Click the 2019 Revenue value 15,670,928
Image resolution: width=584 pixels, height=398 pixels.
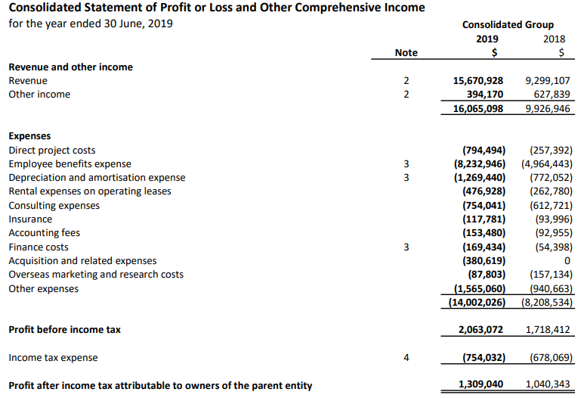click(478, 80)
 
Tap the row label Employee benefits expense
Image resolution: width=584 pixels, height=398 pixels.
click(70, 164)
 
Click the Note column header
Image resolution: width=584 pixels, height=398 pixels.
click(406, 52)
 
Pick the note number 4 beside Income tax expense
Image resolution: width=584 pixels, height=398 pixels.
click(406, 358)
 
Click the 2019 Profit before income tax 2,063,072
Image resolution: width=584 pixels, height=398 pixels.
click(480, 330)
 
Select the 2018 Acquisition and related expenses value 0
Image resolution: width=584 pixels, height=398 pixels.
click(568, 261)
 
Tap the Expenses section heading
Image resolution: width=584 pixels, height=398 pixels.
click(29, 136)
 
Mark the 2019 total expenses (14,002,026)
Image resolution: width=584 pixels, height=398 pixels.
click(477, 303)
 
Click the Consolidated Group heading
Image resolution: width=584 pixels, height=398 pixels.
click(508, 25)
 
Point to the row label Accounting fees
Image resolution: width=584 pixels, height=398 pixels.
click(44, 233)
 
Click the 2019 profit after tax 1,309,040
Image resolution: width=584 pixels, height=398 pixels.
click(480, 385)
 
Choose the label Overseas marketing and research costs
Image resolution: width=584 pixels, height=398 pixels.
click(96, 275)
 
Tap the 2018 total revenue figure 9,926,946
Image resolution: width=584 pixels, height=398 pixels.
click(547, 109)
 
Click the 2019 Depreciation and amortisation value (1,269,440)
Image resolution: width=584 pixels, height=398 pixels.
click(479, 178)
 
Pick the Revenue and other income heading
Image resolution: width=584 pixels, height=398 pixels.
click(70, 67)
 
